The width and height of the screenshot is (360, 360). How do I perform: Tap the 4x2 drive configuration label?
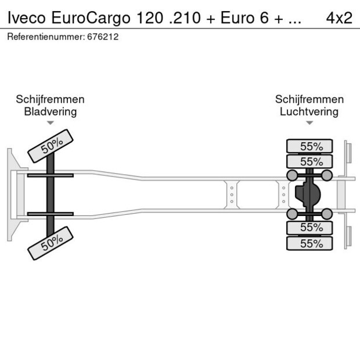pos(339,17)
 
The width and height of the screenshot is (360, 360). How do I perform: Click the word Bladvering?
pos(50,111)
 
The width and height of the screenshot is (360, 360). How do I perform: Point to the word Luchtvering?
pos(309,111)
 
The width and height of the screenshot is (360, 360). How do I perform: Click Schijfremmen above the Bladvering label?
pos(50,99)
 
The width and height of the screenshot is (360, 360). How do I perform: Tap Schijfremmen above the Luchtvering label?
pos(309,99)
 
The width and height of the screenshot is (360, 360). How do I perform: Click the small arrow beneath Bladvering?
pos(50,123)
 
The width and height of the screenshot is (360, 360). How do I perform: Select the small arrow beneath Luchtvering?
pos(309,123)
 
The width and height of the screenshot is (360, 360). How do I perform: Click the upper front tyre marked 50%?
pos(51,144)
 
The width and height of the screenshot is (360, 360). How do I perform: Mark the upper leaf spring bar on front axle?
pos(50,175)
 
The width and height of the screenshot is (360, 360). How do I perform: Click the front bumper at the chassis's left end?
pos(10,194)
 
